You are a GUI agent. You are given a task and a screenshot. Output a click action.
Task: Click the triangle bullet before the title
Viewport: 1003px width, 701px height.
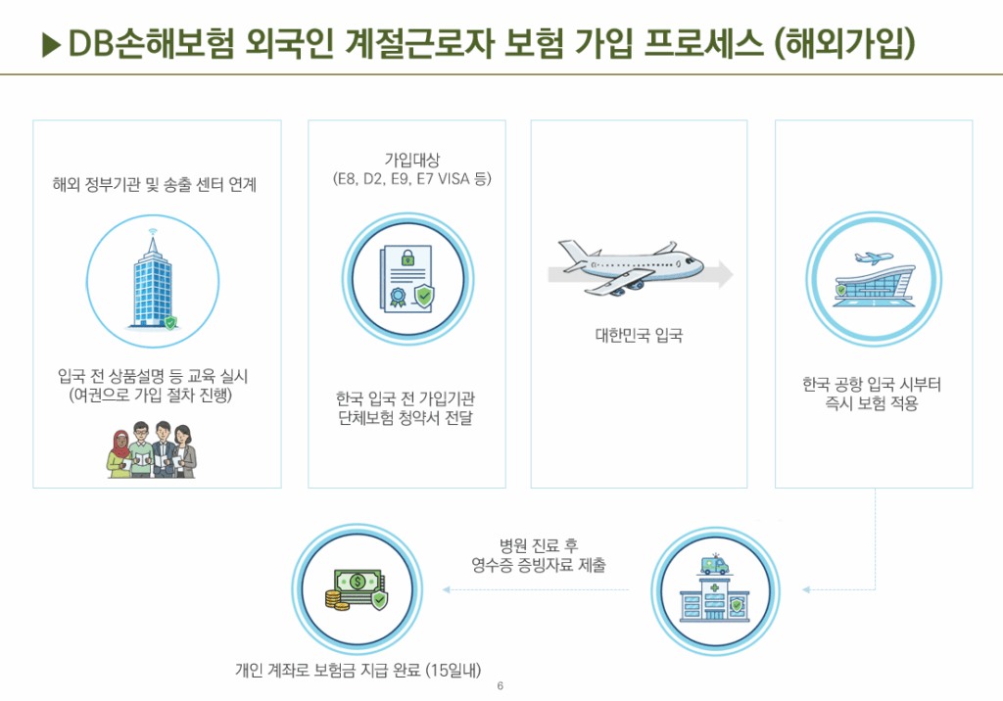coord(51,44)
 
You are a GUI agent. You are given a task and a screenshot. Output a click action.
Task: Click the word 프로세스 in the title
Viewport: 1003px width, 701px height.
coord(703,43)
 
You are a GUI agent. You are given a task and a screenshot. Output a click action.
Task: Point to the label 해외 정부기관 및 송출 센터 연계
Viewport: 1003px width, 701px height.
coord(154,185)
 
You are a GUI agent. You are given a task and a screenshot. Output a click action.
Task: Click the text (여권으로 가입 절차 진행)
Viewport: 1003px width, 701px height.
coord(150,396)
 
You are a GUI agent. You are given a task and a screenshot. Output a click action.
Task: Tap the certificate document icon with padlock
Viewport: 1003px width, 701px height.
coord(407,279)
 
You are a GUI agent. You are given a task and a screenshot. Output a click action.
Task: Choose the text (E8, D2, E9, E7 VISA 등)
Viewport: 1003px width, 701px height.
coord(412,178)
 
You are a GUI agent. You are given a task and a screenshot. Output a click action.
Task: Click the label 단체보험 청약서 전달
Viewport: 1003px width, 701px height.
coord(406,418)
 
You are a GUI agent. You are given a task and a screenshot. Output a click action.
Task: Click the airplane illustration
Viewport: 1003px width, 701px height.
coord(630,267)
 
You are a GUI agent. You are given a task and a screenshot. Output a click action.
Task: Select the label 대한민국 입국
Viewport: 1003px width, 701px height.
coord(639,335)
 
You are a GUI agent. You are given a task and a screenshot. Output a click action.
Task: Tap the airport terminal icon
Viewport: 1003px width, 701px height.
coord(874,279)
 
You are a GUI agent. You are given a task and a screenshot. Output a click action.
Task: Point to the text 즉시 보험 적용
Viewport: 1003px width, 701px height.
coord(871,403)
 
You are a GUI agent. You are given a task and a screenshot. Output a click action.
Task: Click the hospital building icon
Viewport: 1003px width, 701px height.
coord(714,598)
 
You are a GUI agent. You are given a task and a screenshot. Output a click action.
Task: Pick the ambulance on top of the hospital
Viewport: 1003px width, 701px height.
coord(714,565)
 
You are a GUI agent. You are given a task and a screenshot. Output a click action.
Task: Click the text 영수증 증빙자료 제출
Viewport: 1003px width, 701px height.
coord(538,565)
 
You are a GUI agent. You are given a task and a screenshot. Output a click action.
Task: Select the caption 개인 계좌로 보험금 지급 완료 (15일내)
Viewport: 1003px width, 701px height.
coord(358,670)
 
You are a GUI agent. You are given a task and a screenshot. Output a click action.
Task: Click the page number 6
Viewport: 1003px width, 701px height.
coord(501,685)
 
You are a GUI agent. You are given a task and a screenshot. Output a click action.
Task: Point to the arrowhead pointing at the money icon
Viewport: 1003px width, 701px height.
coord(447,589)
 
